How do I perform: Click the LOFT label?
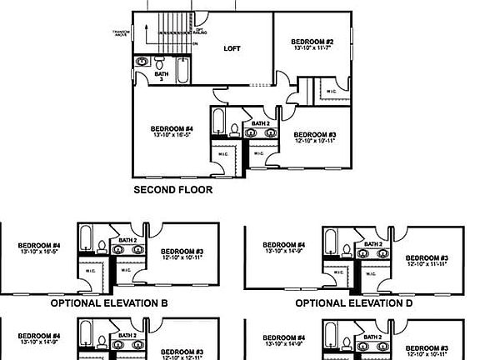[x=232, y=48]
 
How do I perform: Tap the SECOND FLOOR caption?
[x=173, y=190]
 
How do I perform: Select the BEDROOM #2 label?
[x=312, y=42]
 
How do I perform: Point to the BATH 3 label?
[x=159, y=75]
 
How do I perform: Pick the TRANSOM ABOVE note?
[x=122, y=33]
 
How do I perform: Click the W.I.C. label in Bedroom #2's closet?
[x=332, y=91]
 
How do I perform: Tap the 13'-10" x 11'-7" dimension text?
[x=312, y=49]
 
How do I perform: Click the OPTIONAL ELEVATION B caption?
[x=109, y=304]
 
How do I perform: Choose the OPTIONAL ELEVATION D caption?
[x=354, y=304]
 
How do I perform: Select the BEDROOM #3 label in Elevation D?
[x=427, y=258]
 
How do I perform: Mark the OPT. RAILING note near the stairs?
[x=198, y=30]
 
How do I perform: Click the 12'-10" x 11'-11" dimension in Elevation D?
[x=427, y=265]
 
